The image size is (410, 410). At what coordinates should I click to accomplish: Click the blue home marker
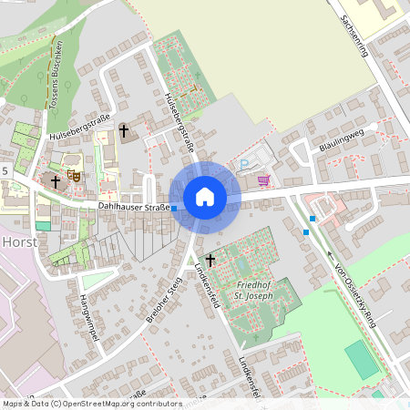[x=205, y=197]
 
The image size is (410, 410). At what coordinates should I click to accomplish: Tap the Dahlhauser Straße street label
[x=134, y=208]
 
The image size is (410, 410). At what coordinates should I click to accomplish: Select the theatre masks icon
[x=74, y=173]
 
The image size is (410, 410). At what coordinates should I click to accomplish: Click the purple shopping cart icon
[x=263, y=180]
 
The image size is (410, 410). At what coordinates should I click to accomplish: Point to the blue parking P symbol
[x=244, y=165]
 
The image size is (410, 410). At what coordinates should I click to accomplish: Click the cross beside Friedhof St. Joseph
[x=210, y=260]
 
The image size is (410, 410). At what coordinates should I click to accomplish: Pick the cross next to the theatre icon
[x=55, y=182]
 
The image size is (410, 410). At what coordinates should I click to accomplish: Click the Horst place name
[x=19, y=242]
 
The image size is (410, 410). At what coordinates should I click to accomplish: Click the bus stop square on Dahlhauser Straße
[x=174, y=209]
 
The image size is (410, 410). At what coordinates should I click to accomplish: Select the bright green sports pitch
[x=362, y=360]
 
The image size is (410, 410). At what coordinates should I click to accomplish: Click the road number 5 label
[x=5, y=170]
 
